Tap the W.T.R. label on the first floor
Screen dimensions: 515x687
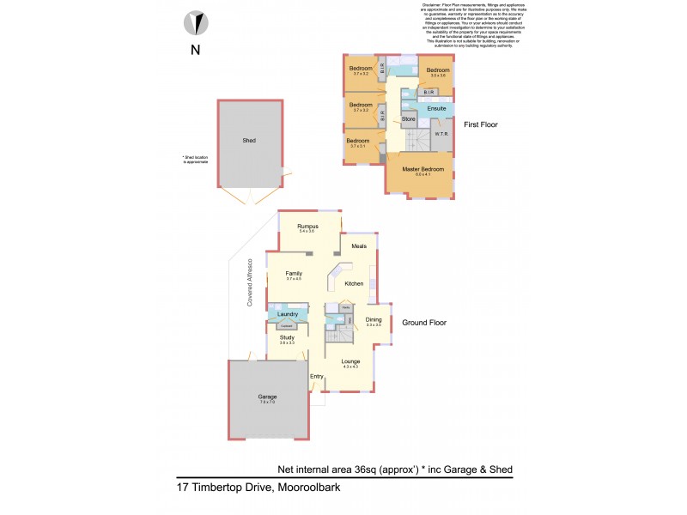pos(442,134)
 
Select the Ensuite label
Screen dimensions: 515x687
pos(436,109)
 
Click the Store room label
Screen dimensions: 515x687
pos(409,118)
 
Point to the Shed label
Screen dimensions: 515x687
pos(249,140)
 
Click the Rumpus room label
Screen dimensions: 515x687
pos(307,227)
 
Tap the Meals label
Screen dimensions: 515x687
pos(359,245)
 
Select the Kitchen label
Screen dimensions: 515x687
pos(354,283)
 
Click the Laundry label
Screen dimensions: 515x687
pos(287,314)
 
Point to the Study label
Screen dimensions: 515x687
pos(287,337)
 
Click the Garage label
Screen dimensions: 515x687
pos(268,397)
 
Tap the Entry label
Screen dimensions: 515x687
pos(315,376)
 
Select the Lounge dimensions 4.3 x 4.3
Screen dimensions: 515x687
pos(350,367)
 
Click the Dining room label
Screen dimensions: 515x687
pos(374,319)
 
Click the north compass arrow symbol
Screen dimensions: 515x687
pos(195,22)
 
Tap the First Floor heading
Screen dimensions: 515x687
pos(480,124)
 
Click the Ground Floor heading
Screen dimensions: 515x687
pos(424,323)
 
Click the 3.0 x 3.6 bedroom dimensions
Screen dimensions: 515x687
pos(438,76)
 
